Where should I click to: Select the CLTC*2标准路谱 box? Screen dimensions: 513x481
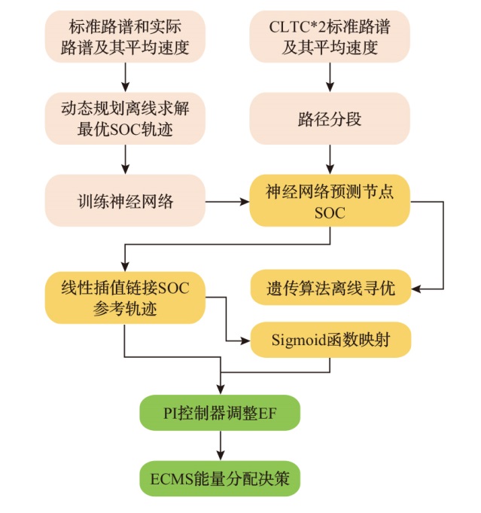click(329, 36)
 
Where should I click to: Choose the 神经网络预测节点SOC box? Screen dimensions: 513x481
click(329, 201)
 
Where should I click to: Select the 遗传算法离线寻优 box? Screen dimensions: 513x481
click(329, 288)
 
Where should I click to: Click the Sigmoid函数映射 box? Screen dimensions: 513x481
click(330, 340)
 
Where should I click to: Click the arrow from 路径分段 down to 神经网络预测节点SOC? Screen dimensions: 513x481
click(329, 160)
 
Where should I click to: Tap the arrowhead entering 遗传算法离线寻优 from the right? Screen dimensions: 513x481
click(415, 288)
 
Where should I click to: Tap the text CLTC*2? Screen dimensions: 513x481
click(295, 27)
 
